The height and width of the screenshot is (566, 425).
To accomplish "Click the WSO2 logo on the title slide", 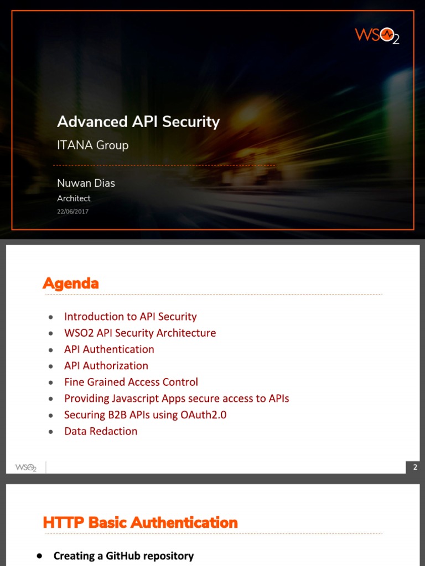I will (x=377, y=36).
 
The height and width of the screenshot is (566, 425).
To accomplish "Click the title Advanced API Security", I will (x=138, y=122).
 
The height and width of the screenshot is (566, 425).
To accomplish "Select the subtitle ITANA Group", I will (x=93, y=145).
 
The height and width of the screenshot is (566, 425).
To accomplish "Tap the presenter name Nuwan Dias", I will (x=86, y=183).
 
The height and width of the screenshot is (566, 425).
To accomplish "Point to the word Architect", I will (x=74, y=198).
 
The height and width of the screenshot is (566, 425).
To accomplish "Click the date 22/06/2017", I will (x=72, y=212).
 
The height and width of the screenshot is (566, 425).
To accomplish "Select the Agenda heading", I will (x=70, y=284).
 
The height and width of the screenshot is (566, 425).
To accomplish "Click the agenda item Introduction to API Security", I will (x=130, y=317).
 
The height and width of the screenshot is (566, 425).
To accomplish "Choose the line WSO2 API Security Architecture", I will (x=140, y=333).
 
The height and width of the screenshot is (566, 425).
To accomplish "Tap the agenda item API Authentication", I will (x=109, y=349).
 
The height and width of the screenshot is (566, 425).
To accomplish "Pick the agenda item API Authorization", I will (x=106, y=365).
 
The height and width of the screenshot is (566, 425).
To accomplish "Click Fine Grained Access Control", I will (x=131, y=382).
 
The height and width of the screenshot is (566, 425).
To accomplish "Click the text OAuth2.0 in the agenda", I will (x=204, y=415).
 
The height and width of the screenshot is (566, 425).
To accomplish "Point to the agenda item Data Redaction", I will (x=101, y=431).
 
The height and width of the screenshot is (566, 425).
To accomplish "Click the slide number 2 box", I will (x=415, y=468).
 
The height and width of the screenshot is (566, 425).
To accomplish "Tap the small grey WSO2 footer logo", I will (x=25, y=467).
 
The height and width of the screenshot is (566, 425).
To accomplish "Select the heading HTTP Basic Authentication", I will (x=140, y=522).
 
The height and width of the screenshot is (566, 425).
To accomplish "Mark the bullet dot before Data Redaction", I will (x=51, y=432).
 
